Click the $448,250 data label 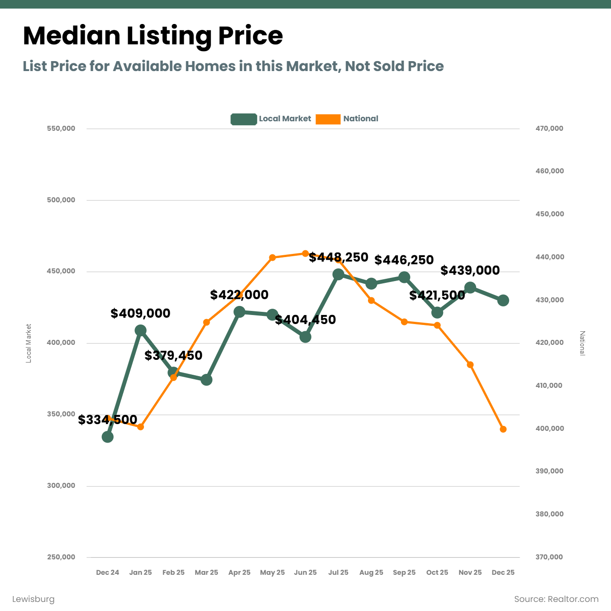[339, 258]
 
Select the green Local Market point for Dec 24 [108, 437]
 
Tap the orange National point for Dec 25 [503, 429]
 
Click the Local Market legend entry [271, 119]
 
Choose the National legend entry [347, 119]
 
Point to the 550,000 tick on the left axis [61, 129]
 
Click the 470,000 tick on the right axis [549, 129]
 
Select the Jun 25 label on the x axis [305, 573]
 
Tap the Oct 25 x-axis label [437, 573]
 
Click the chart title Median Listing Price [153, 36]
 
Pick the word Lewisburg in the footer [33, 599]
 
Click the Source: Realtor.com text [556, 599]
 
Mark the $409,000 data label [140, 313]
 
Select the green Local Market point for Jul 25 [338, 274]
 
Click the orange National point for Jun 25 [305, 253]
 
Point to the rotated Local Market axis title [29, 343]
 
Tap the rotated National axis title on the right [582, 343]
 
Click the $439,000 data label [470, 271]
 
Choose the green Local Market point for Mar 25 [206, 380]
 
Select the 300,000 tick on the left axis [61, 486]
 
